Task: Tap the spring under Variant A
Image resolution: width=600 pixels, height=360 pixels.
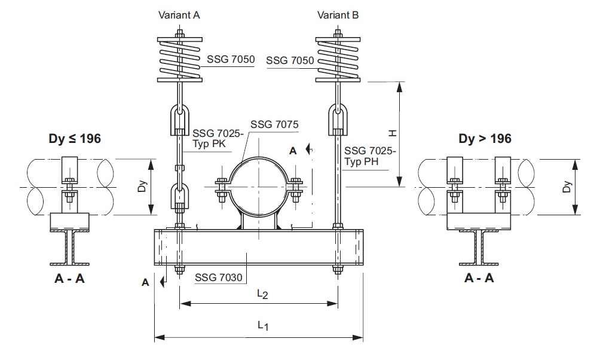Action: pos(179,60)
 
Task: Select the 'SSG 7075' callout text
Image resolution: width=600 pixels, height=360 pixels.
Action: pos(274,125)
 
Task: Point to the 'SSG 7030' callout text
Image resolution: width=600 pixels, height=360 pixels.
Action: pos(219,277)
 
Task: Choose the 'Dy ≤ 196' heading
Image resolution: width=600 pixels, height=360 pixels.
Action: pos(75,139)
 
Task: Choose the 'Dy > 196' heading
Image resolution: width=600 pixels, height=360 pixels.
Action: pos(485,139)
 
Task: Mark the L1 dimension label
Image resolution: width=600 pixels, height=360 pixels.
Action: pos(263,325)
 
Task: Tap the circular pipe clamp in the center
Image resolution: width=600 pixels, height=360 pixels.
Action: pos(258,187)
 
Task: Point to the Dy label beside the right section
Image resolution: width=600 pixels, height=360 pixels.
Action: pos(568,187)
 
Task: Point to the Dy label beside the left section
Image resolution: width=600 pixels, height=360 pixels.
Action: pos(142,187)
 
